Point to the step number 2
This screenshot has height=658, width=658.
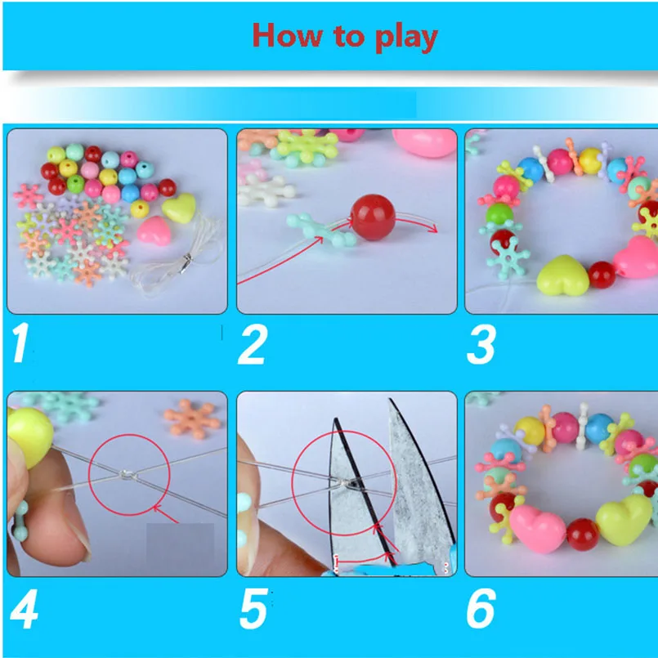[252, 346]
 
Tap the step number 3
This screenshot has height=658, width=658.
[481, 346]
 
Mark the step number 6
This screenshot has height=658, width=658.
[481, 610]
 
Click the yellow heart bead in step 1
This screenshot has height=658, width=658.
[178, 208]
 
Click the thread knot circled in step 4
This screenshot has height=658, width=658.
[128, 477]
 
